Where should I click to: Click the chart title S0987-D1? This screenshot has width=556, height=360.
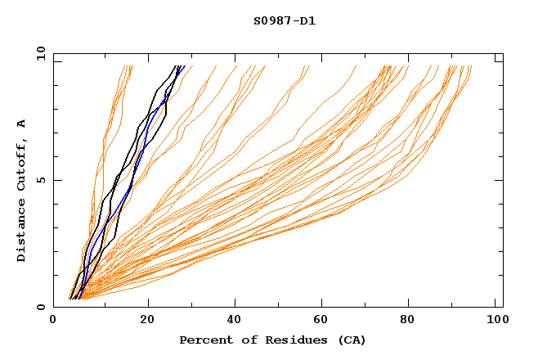pyautogui.click(x=285, y=20)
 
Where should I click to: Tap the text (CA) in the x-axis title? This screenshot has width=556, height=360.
pyautogui.click(x=350, y=340)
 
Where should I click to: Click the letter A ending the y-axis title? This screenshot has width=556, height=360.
pyautogui.click(x=22, y=123)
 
